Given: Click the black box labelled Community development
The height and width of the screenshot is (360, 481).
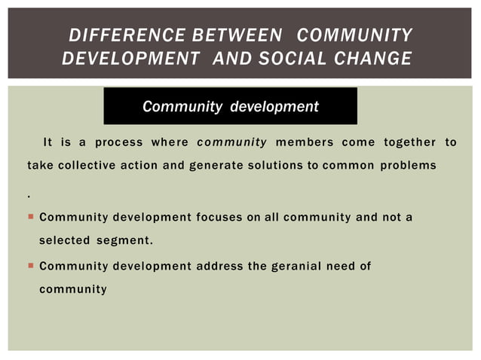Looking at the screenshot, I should (230, 106).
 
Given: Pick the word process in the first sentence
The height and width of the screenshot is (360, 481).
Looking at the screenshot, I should (118, 142).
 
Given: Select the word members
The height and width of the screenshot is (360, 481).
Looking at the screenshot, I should (305, 142).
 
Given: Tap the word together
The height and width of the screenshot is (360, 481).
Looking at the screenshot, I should (409, 142).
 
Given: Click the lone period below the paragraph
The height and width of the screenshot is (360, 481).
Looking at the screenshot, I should (29, 195).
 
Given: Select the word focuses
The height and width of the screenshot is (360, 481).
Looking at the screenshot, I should (220, 218).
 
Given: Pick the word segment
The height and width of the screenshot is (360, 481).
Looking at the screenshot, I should (124, 241).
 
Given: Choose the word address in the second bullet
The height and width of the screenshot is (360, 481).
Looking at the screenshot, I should (221, 266).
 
